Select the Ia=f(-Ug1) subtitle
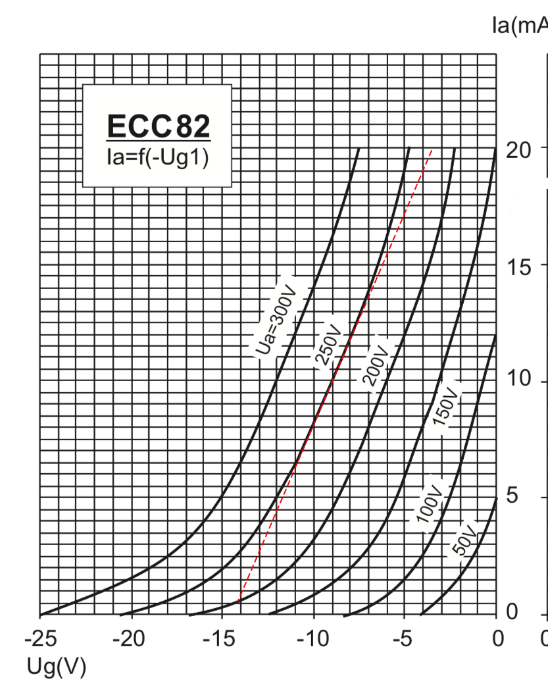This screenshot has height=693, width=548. [x=158, y=158]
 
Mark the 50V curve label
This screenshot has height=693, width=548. [x=464, y=538]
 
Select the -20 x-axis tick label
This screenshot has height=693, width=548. [x=132, y=639]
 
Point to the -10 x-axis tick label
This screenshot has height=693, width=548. [x=314, y=639]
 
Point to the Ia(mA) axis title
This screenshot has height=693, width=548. [x=520, y=26]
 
